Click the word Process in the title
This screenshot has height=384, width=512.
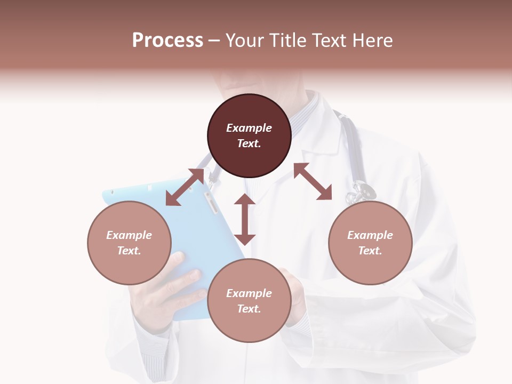[167, 41]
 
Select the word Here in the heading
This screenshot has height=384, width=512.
[372, 41]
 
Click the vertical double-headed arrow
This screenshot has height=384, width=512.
[245, 219]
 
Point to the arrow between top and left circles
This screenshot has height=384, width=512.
[185, 187]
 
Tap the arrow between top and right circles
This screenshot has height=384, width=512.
[313, 182]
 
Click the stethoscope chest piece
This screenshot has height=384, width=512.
[363, 190]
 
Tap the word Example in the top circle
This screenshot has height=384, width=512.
[249, 128]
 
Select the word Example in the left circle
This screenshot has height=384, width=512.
[129, 235]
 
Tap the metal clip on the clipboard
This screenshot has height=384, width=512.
[210, 203]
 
